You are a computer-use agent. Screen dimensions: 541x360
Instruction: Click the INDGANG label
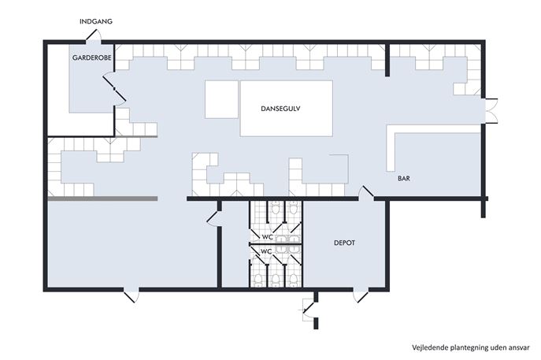click(96, 21)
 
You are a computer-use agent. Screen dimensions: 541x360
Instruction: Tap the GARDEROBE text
click(92, 58)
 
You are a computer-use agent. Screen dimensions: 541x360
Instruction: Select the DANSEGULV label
click(280, 109)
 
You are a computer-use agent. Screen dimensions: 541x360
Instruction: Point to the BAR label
click(404, 179)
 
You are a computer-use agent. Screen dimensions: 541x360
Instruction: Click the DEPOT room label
click(344, 243)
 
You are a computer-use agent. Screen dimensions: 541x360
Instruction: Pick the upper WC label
click(268, 237)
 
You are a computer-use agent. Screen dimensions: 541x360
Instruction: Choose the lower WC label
click(266, 251)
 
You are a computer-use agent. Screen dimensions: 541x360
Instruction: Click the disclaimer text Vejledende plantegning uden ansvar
click(471, 347)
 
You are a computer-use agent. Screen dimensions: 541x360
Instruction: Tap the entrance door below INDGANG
click(93, 35)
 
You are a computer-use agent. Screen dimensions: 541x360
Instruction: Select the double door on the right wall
click(491, 111)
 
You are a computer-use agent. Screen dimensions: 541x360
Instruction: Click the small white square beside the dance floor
click(221, 99)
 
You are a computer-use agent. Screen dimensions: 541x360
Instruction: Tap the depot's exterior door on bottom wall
click(361, 295)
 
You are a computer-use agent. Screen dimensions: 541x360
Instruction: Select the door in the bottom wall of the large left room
click(132, 295)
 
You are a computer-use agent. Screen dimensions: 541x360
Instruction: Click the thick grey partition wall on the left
click(102, 199)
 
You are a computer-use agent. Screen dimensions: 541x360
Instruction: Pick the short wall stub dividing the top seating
click(387, 59)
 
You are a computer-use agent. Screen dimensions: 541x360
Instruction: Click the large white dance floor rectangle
click(287, 109)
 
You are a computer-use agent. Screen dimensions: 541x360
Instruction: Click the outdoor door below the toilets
click(309, 308)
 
